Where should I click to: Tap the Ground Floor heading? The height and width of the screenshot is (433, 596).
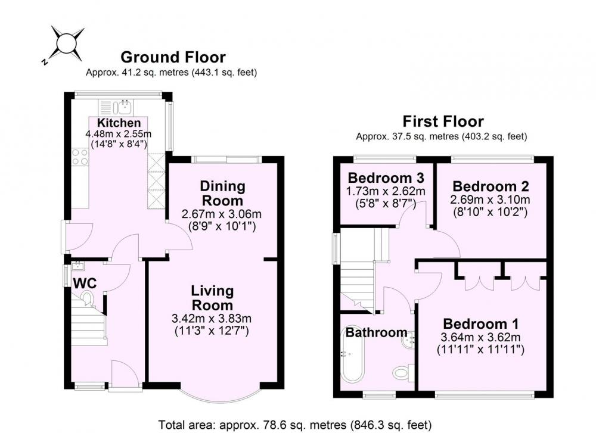pos(173,57)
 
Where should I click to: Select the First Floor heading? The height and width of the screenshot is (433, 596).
pos(443,122)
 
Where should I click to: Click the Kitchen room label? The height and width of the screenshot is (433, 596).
pos(119,123)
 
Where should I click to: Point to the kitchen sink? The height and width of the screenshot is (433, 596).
pos(125,107)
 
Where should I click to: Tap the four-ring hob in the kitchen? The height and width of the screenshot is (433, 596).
pos(80,157)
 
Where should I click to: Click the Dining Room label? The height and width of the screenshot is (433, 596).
pos(223,194)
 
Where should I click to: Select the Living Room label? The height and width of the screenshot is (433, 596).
pos(212,298)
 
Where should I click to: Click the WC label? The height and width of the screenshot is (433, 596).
pos(85,284)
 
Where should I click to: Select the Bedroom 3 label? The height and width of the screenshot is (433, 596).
pos(386,177)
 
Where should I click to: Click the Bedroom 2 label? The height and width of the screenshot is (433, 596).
pos(491,186)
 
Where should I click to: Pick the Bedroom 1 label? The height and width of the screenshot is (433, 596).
pos(481,324)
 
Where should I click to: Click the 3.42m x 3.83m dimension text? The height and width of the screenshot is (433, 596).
pos(212,318)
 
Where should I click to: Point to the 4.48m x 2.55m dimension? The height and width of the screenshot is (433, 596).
pos(118,133)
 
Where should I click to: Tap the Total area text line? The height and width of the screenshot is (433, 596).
pos(295,424)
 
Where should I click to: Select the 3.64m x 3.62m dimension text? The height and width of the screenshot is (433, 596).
pos(481,337)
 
